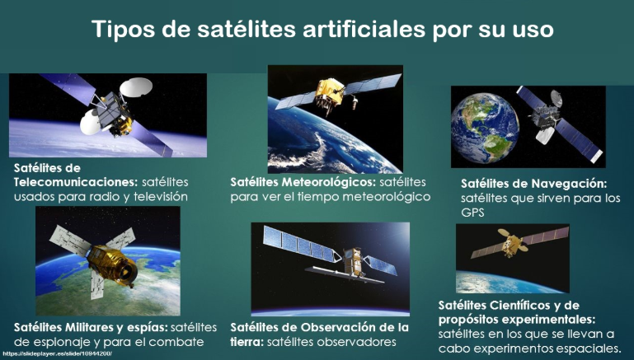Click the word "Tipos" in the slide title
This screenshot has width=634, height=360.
pos(123,30)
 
